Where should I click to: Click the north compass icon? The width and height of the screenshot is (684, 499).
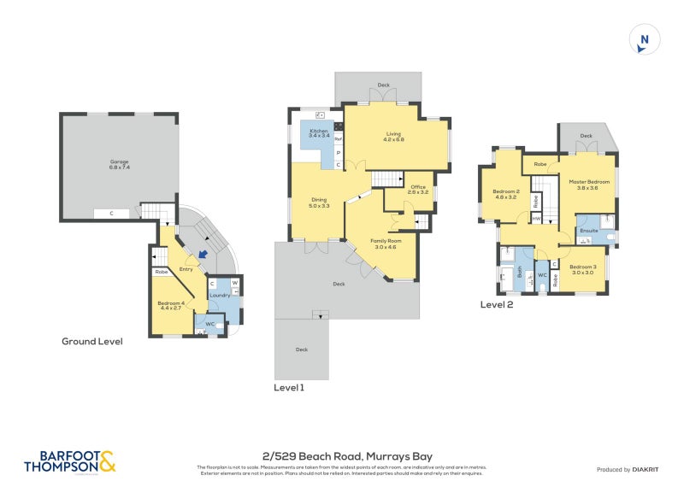[644, 40]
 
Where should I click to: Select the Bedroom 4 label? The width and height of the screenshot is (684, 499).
[170, 305]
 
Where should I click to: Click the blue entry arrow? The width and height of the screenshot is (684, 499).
[202, 254]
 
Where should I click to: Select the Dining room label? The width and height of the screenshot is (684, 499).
[319, 203]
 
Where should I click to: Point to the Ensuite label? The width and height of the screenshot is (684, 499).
[588, 231]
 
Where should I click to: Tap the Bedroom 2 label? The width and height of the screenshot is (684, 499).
[506, 193]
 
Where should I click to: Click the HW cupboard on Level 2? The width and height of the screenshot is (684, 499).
[536, 220]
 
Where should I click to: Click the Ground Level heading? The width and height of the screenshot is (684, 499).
[91, 341]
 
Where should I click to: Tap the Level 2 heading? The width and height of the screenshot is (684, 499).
[496, 304]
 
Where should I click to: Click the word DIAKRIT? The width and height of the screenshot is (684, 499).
[649, 469]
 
